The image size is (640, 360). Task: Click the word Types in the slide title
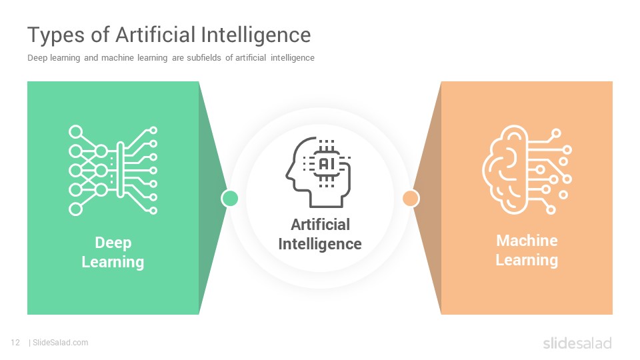(x=56, y=35)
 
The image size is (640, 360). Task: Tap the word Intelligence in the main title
(x=256, y=35)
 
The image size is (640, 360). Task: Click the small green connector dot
(x=230, y=199)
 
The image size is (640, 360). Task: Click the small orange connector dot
(x=411, y=199)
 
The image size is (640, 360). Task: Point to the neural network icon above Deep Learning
(x=113, y=170)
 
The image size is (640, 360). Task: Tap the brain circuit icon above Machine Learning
(x=527, y=170)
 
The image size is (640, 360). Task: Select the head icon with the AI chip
(x=319, y=172)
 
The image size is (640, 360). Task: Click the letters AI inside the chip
(x=327, y=164)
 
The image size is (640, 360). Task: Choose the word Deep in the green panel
(x=113, y=243)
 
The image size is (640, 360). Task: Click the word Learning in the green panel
(x=113, y=262)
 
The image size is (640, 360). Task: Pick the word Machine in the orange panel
(x=527, y=241)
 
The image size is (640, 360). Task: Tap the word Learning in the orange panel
(x=527, y=260)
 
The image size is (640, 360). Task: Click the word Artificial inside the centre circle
(x=321, y=225)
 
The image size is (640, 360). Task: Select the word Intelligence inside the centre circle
(x=320, y=244)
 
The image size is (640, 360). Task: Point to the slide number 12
(x=15, y=343)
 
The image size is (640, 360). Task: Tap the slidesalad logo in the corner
(x=577, y=343)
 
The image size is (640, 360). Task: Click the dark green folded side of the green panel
(x=211, y=198)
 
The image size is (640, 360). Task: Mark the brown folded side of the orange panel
(x=429, y=198)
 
